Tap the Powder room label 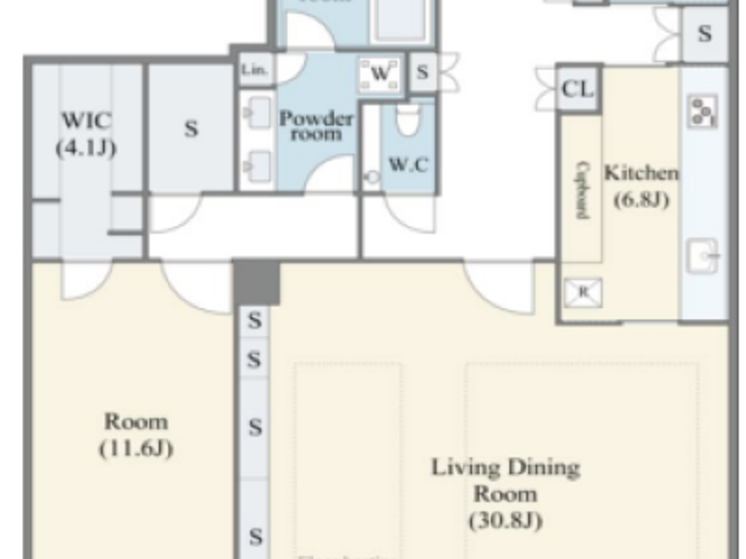pos(316,126)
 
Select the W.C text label pos(408,165)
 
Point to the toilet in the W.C pos(408,120)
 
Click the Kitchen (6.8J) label pos(641,186)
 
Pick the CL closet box pos(578,88)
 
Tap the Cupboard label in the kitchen pos(583,190)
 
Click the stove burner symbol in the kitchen pos(702,112)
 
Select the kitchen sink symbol pos(702,256)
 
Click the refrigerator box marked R pos(583,292)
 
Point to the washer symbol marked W pos(379,73)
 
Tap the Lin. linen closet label pos(255,69)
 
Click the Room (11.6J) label pos(136,434)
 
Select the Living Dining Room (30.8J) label pos(505,493)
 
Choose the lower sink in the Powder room pos(258,166)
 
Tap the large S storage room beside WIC pos(191,128)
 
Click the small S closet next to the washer pos(423,72)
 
